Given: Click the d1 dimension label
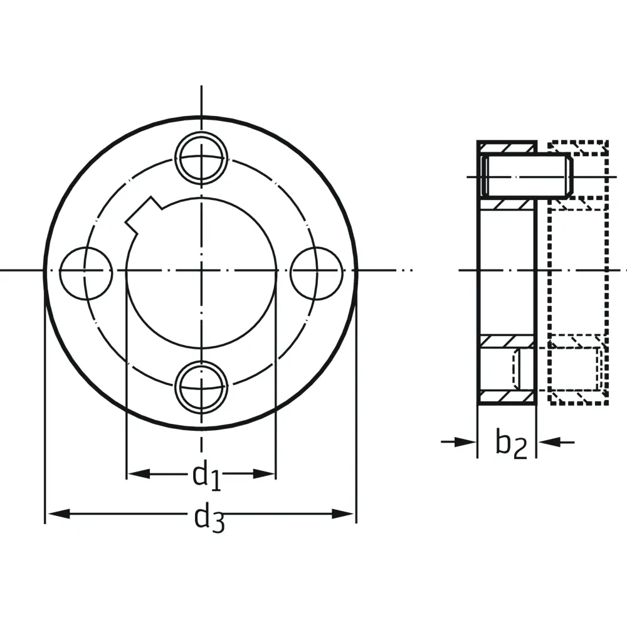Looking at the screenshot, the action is click(206, 475).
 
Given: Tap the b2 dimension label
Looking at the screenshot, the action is click(512, 443).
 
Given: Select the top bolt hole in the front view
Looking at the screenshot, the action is click(201, 157).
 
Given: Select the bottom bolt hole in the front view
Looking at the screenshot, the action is click(201, 387).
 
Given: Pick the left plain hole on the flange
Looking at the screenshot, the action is click(86, 273).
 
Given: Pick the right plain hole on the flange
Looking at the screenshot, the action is click(317, 273).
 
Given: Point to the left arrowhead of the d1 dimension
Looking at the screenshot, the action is click(139, 474).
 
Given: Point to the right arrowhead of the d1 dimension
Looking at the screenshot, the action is click(265, 474).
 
